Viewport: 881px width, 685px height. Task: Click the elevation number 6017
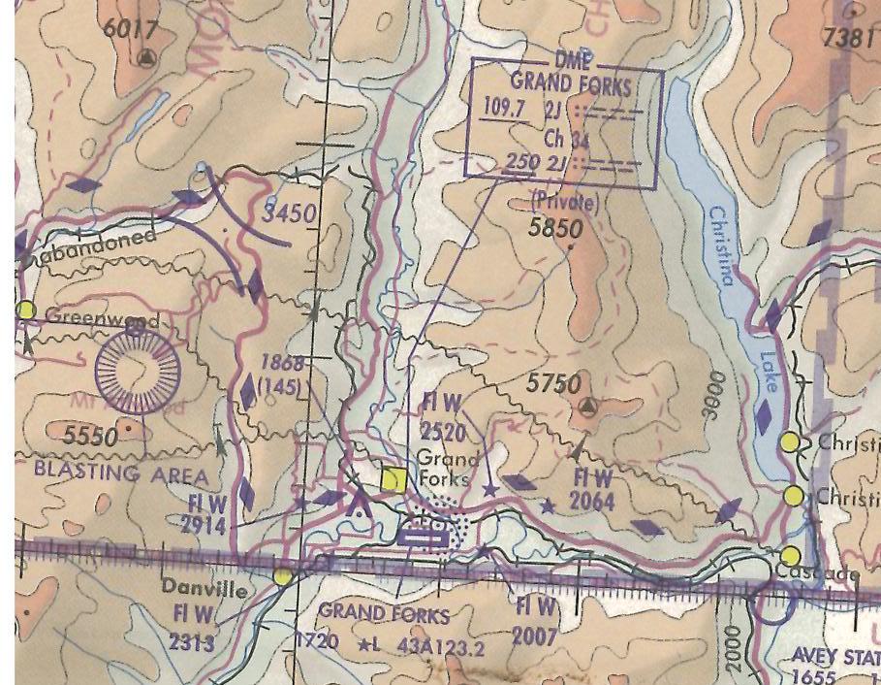pyautogui.click(x=131, y=28)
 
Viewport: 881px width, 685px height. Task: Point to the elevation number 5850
pyautogui.click(x=555, y=229)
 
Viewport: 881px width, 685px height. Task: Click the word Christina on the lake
pyautogui.click(x=721, y=245)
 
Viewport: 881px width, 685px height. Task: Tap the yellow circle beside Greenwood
pyautogui.click(x=26, y=310)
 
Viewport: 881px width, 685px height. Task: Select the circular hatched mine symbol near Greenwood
pyautogui.click(x=138, y=371)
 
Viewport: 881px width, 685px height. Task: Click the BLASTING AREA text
pyautogui.click(x=121, y=473)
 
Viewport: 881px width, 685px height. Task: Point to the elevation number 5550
pyautogui.click(x=91, y=437)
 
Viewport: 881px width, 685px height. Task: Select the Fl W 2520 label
pyautogui.click(x=444, y=416)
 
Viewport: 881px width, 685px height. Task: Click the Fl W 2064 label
pyautogui.click(x=592, y=489)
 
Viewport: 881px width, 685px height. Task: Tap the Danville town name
pyautogui.click(x=204, y=588)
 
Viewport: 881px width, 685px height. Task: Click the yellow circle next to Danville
pyautogui.click(x=283, y=576)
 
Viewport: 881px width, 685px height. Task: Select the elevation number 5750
pyautogui.click(x=554, y=384)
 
